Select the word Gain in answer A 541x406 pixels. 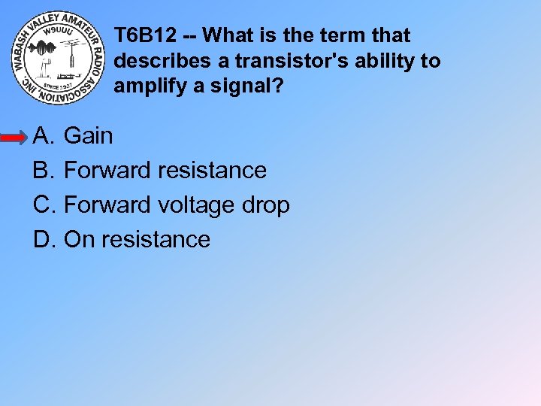(x=89, y=136)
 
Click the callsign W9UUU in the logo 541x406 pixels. (x=56, y=33)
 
